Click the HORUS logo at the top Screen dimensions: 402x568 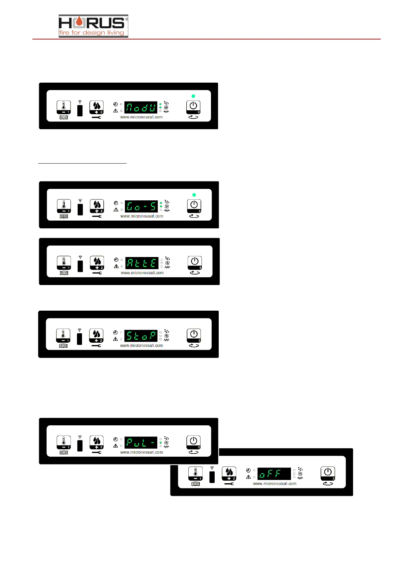tap(93, 26)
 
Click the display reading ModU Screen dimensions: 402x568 tap(141, 108)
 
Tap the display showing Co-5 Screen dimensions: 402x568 tap(141, 206)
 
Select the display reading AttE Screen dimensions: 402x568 tap(142, 263)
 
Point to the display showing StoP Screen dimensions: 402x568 tap(141, 336)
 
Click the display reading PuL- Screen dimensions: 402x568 tap(141, 443)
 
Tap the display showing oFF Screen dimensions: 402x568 tap(274, 474)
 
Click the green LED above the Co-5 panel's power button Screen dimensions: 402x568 tap(194, 195)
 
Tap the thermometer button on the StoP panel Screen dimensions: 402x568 tap(63, 336)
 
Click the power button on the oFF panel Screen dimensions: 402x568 tap(328, 474)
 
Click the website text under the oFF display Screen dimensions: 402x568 tap(274, 484)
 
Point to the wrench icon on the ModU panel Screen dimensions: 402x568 tap(97, 117)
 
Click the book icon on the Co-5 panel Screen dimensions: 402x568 tap(64, 217)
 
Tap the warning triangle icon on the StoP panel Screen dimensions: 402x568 tap(115, 339)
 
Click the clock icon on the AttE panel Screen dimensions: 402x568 tap(116, 260)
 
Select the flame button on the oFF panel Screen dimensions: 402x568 tap(229, 474)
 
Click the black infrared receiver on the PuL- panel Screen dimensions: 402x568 tap(80, 446)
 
